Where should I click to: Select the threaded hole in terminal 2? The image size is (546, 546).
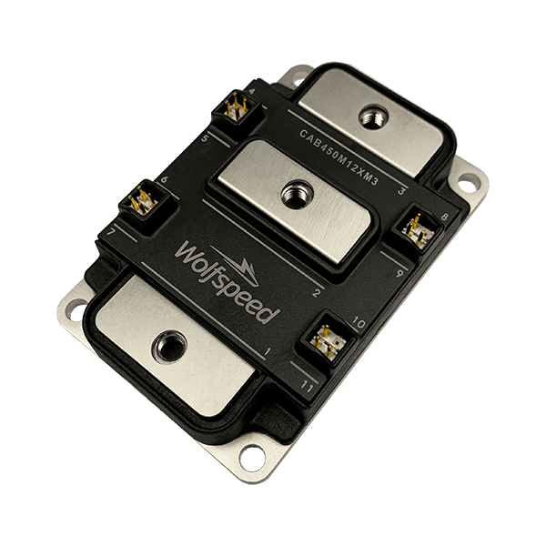click(x=295, y=191)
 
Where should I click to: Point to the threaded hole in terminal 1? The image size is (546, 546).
click(x=169, y=345)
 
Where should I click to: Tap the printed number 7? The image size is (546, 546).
click(x=111, y=235)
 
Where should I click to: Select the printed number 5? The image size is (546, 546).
click(x=205, y=138)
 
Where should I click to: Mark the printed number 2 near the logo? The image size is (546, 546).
click(x=316, y=292)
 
